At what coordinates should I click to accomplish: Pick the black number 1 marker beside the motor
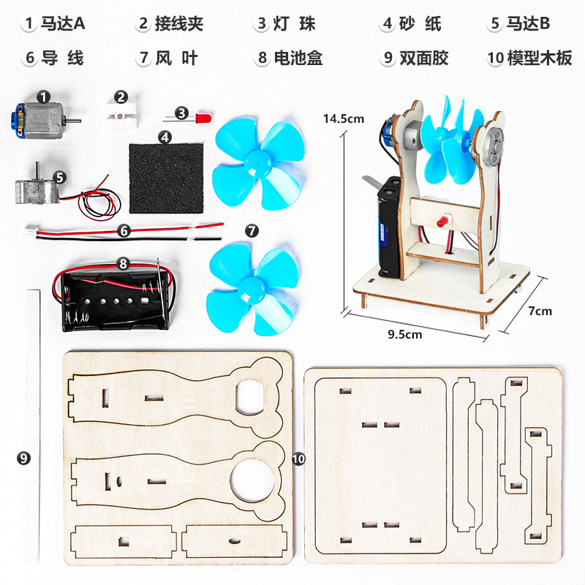pyautogui.click(x=43, y=96)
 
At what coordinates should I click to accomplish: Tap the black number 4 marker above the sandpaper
pyautogui.click(x=166, y=136)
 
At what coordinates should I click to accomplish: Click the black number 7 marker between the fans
pyautogui.click(x=252, y=231)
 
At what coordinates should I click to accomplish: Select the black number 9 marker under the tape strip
pyautogui.click(x=24, y=458)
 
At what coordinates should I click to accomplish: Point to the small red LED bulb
pyautogui.click(x=203, y=115)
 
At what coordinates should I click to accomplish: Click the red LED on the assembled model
pyautogui.click(x=442, y=221)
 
